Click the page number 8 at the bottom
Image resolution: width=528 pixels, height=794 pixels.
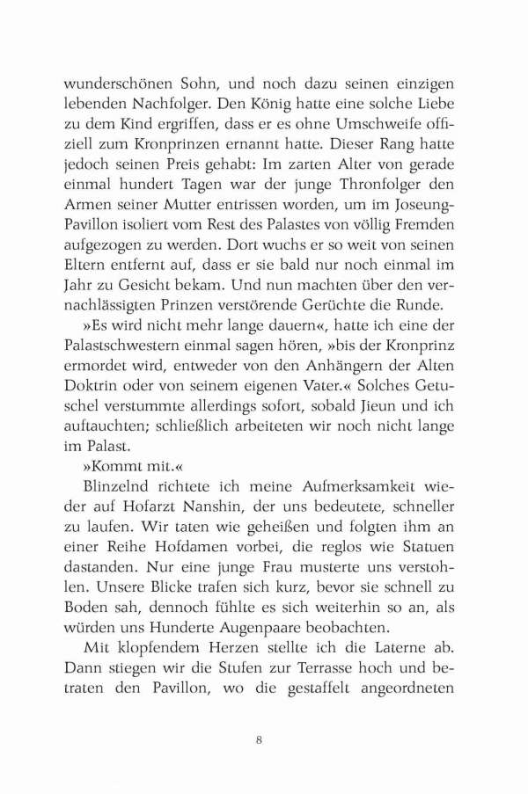(259, 740)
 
